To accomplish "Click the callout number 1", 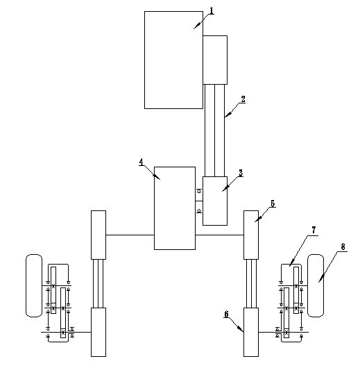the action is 212,11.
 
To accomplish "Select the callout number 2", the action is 243,99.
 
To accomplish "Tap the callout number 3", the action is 241,173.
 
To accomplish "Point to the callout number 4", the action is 142,162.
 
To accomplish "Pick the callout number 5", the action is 273,203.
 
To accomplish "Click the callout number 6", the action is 226,314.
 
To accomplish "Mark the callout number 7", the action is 314,231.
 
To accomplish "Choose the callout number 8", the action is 343,247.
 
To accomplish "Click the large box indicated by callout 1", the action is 173,60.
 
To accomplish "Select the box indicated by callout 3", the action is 215,201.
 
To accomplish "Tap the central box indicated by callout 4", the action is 175,208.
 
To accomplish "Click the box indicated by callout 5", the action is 251,235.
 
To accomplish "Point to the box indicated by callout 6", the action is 251,332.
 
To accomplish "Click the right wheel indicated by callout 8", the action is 316,285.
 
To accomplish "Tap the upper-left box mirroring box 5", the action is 98,235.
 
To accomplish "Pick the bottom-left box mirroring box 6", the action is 98,332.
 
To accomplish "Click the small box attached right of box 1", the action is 215,60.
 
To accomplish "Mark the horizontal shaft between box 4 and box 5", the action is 219,235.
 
